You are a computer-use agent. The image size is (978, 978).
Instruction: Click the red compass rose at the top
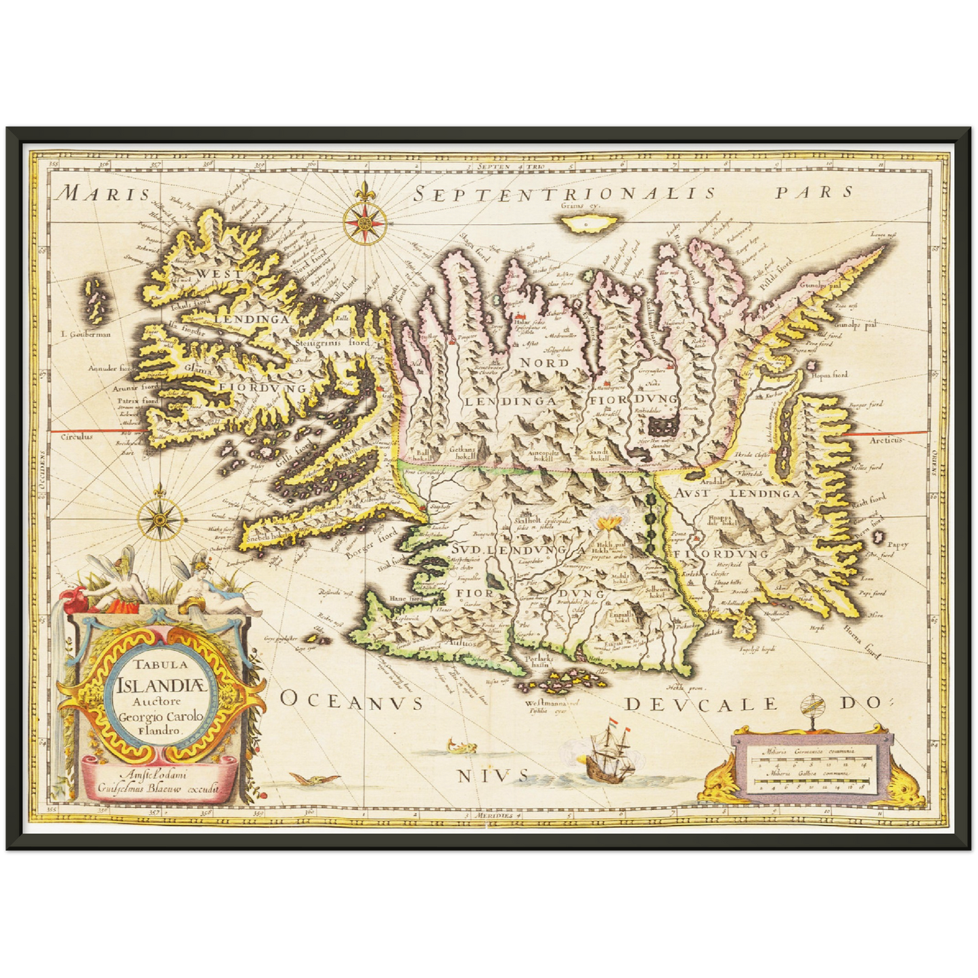(365, 221)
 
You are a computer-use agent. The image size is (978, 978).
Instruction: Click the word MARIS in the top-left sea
(104, 194)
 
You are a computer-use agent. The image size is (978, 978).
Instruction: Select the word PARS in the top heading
(814, 192)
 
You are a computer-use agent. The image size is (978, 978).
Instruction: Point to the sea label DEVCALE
(701, 705)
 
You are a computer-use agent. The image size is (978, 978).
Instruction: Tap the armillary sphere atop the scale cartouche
(810, 709)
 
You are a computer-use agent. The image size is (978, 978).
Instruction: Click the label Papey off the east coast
(897, 545)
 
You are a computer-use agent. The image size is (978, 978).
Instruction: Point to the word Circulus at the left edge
(77, 437)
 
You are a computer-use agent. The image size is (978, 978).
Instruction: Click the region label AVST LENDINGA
(738, 493)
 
